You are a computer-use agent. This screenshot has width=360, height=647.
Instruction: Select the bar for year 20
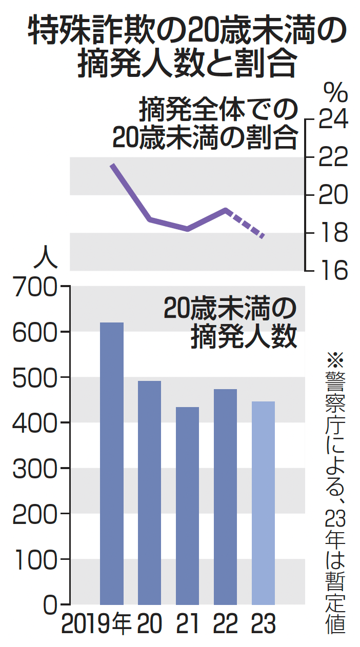click(x=149, y=492)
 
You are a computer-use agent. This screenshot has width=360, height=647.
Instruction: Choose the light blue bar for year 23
click(x=263, y=502)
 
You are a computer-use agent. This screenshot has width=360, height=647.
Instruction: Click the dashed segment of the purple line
click(x=245, y=224)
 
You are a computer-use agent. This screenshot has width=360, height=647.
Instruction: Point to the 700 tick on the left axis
click(x=34, y=287)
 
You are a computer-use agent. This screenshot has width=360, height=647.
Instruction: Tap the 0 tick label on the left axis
click(x=49, y=605)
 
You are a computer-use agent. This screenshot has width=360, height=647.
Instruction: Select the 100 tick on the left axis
click(x=34, y=559)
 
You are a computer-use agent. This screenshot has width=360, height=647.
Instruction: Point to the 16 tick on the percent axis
click(x=333, y=270)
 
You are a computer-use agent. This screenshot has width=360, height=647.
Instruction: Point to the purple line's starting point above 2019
click(x=112, y=165)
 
